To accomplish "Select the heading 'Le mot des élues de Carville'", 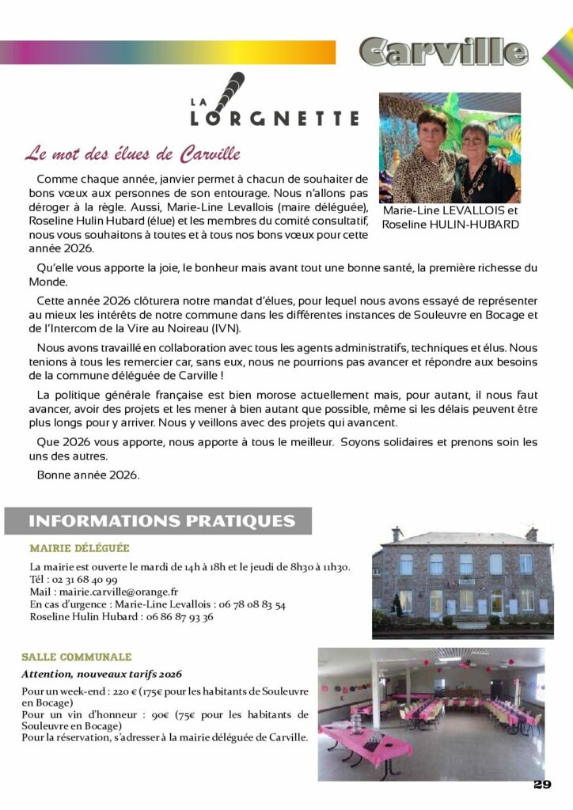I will click(x=132, y=153).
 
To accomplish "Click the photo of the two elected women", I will click(x=450, y=148).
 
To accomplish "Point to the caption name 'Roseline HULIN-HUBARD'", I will click(x=450, y=225).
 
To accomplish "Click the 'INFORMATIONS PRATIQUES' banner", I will click(x=161, y=521).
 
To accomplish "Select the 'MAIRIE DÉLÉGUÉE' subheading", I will click(x=79, y=547).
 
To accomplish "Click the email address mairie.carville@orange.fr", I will click(x=116, y=592).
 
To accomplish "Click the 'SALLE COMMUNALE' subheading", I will click(x=76, y=657).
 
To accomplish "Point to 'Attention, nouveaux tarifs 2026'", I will click(x=101, y=675).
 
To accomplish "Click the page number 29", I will click(x=542, y=785).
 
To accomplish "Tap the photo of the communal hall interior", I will click(x=431, y=713).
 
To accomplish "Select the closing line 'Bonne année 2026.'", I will click(x=88, y=475).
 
